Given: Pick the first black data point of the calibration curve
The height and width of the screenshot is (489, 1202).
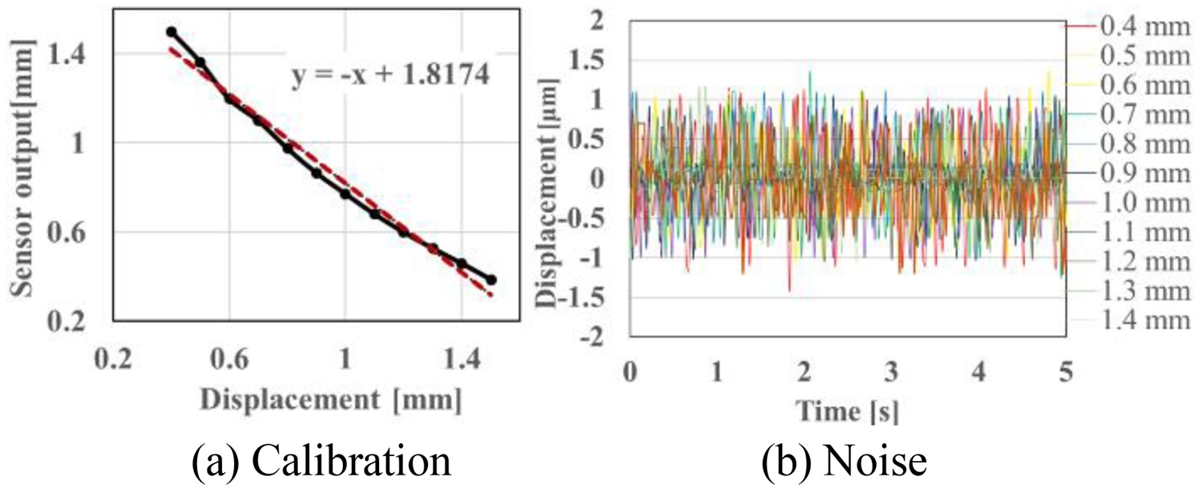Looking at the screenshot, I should coord(171,32).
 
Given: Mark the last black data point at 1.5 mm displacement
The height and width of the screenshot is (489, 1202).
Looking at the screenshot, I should coord(491,280).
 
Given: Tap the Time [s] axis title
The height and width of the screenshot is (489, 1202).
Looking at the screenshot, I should coord(848,411).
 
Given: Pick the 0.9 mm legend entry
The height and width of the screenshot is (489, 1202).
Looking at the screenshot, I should coord(1132,174).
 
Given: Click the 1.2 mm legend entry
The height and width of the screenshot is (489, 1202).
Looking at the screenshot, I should coord(1132,262).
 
